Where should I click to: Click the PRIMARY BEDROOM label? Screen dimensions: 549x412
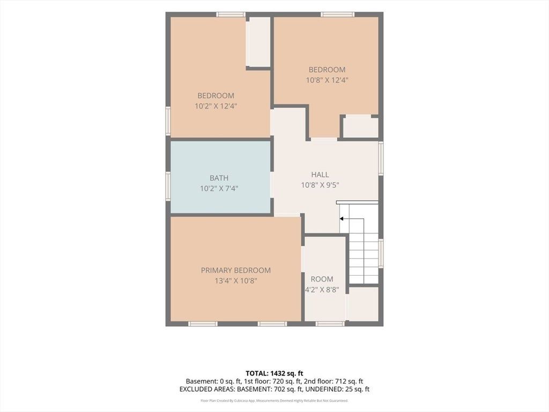(x=236, y=270)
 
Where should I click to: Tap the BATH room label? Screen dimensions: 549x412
(x=219, y=178)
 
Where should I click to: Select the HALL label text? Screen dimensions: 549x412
(x=320, y=174)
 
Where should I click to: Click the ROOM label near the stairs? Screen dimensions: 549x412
(x=322, y=279)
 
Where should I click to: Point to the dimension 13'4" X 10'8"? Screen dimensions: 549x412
(x=236, y=281)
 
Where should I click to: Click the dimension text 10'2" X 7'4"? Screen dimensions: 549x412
(x=219, y=188)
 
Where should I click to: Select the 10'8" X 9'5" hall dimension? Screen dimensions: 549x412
(x=320, y=185)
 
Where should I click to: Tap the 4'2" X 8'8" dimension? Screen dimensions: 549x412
(x=322, y=290)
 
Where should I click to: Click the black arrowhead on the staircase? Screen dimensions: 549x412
(x=342, y=219)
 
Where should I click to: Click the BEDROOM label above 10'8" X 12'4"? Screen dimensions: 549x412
(x=327, y=69)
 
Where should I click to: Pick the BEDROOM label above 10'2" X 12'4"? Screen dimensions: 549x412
(x=216, y=95)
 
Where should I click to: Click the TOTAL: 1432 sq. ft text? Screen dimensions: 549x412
(x=274, y=373)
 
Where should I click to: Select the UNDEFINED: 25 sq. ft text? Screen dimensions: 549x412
(x=338, y=389)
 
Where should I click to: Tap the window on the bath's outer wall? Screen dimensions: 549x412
(x=168, y=186)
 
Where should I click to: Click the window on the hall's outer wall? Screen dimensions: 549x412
(x=381, y=158)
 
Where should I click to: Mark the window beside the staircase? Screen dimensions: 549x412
(x=381, y=253)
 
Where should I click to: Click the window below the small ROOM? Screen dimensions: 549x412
(x=330, y=323)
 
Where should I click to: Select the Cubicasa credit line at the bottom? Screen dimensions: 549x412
(x=274, y=400)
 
